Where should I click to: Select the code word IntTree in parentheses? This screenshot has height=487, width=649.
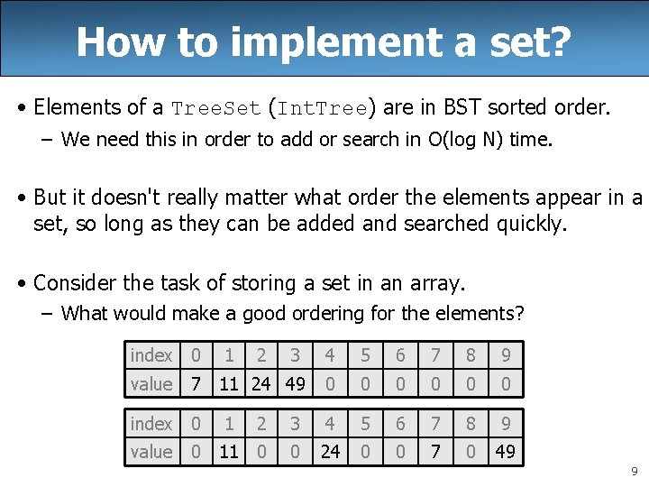323,109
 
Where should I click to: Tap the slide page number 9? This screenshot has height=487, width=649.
635,471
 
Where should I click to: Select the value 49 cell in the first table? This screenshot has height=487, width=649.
296,384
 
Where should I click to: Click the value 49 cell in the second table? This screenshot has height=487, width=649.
506,452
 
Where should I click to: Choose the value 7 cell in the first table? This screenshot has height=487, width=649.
196,384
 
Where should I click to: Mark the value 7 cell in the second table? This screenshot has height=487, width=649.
435,452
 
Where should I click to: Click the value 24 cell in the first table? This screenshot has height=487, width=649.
261,384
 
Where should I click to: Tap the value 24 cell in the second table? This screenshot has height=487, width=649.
331,452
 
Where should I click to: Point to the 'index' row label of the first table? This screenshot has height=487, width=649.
151,355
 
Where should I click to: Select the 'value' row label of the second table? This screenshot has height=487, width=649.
151,452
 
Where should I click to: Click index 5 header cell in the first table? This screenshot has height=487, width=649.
365,355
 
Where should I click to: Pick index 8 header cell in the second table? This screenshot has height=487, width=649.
471,423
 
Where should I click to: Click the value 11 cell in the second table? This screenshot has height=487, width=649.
229,452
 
